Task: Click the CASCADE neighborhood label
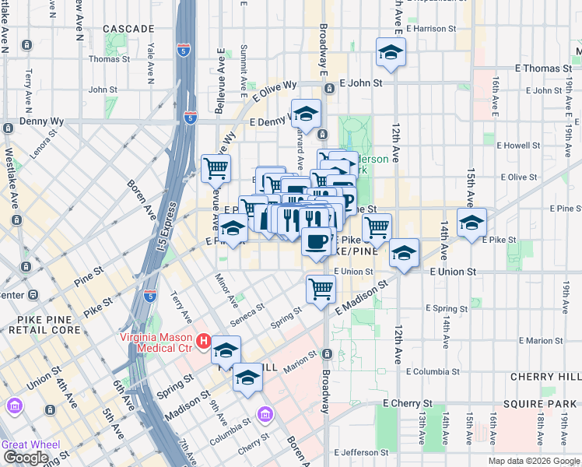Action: tap(128, 29)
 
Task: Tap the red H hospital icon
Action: tap(204, 341)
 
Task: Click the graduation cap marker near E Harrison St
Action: tap(388, 53)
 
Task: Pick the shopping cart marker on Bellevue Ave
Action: tap(216, 167)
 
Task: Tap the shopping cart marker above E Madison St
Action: tap(321, 290)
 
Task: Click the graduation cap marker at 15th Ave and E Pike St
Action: tap(472, 223)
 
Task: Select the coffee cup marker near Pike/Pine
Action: tap(315, 242)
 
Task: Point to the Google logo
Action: tap(26, 458)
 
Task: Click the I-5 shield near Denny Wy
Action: tap(190, 118)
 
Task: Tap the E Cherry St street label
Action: tap(408, 404)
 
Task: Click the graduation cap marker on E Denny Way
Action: tap(306, 114)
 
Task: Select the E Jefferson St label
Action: tap(361, 452)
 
